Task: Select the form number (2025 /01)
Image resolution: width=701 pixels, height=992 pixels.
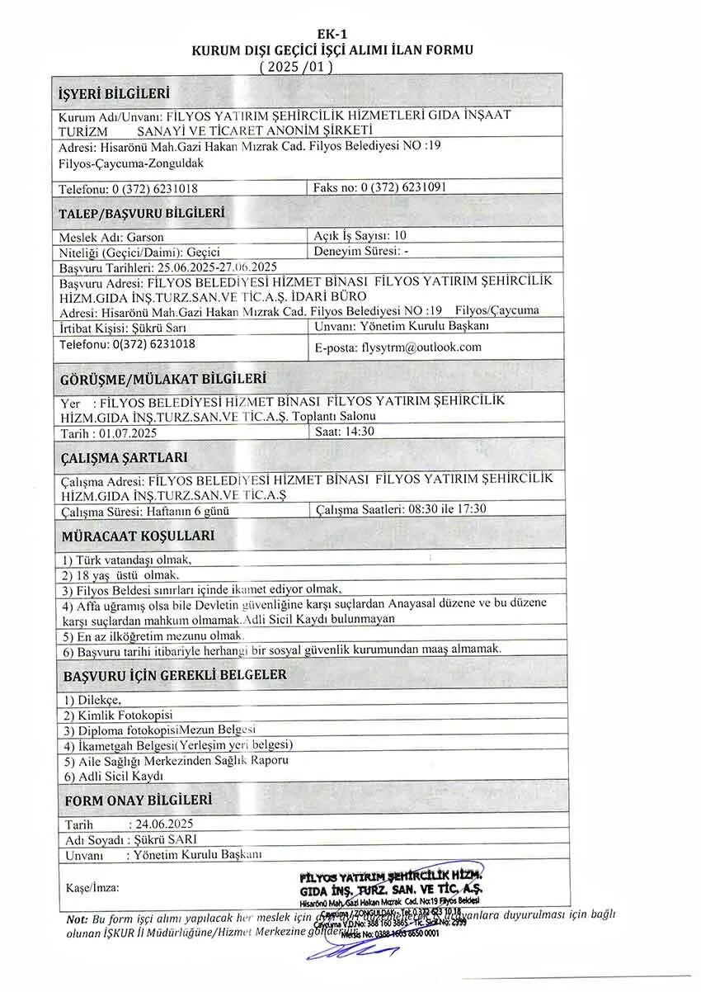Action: coord(295,66)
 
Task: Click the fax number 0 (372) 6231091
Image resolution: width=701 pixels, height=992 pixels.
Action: coord(404,187)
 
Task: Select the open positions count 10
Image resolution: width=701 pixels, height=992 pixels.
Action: coord(401,235)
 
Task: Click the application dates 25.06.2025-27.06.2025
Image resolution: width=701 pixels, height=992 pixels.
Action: coord(216,267)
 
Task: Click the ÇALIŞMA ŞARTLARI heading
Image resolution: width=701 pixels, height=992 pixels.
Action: coord(124,457)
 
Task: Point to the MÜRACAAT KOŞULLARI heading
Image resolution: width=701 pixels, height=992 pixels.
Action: coord(138,536)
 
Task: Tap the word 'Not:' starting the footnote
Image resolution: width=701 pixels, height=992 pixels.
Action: coord(77,919)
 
